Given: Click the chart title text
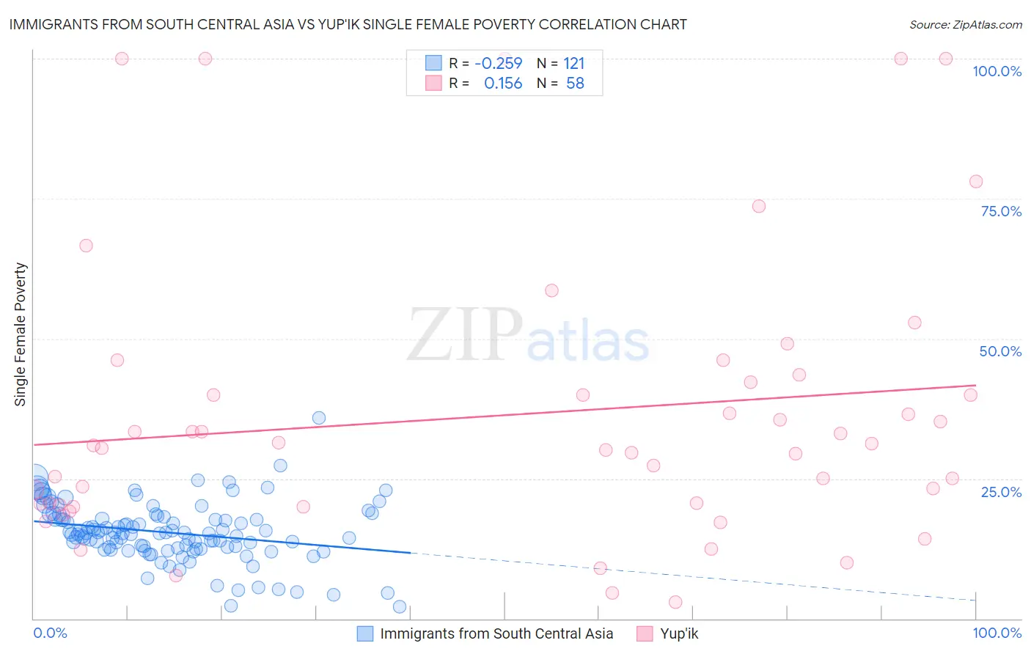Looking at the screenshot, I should pyautogui.click(x=348, y=24).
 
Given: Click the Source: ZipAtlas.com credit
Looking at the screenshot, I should pyautogui.click(x=965, y=24).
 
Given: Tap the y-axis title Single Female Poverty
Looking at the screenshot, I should pyautogui.click(x=21, y=334).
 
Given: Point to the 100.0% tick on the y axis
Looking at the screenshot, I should pyautogui.click(x=997, y=71).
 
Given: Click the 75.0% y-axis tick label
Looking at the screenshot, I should pyautogui.click(x=1001, y=211).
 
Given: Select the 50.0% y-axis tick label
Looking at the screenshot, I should pyautogui.click(x=1000, y=351).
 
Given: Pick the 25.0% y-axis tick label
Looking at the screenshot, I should pyautogui.click(x=1001, y=491).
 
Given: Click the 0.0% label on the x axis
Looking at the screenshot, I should pyautogui.click(x=50, y=633).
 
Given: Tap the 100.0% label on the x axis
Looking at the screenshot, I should pyautogui.click(x=997, y=633).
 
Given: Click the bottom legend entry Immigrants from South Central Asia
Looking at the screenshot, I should pyautogui.click(x=496, y=633).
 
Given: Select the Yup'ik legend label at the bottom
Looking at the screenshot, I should pyautogui.click(x=679, y=633).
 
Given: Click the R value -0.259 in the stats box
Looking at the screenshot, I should pyautogui.click(x=499, y=64).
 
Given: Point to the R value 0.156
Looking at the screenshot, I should pyautogui.click(x=503, y=84).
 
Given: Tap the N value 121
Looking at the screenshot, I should pyautogui.click(x=574, y=64).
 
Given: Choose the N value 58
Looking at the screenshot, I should pyautogui.click(x=575, y=84).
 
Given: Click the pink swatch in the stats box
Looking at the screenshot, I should pyautogui.click(x=433, y=84).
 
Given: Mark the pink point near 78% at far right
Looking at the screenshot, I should pyautogui.click(x=975, y=182).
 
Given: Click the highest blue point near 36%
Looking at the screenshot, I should pyautogui.click(x=319, y=418).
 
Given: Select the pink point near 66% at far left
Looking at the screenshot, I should pyautogui.click(x=86, y=246).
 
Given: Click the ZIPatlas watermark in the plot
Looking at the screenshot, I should pyautogui.click(x=528, y=336).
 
